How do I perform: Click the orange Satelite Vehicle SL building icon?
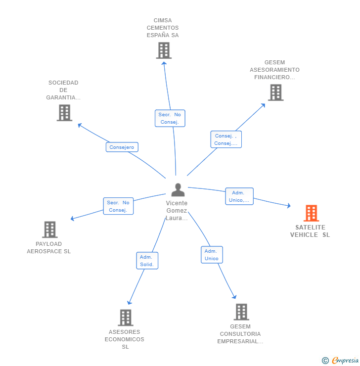311,213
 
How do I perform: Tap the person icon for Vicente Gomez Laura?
178,190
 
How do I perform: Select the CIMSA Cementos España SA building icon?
164,50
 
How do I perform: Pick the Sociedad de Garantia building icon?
64,113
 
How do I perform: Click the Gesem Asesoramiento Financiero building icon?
275,92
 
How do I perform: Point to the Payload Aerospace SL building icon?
50,229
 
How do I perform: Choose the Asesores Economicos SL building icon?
126,318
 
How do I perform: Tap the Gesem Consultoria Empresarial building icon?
241,312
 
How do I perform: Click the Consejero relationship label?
122,147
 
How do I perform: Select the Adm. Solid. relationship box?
147,261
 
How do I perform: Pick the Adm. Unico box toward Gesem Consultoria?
212,255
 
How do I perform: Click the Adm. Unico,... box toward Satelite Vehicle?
239,196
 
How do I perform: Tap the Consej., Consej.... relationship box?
226,139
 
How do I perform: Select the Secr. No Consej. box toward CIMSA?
170,118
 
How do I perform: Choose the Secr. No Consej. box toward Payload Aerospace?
118,206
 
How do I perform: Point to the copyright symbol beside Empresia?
325,361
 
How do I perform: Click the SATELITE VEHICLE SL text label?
310,231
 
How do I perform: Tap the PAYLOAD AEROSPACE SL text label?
49,247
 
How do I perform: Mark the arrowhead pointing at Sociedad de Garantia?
80,125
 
